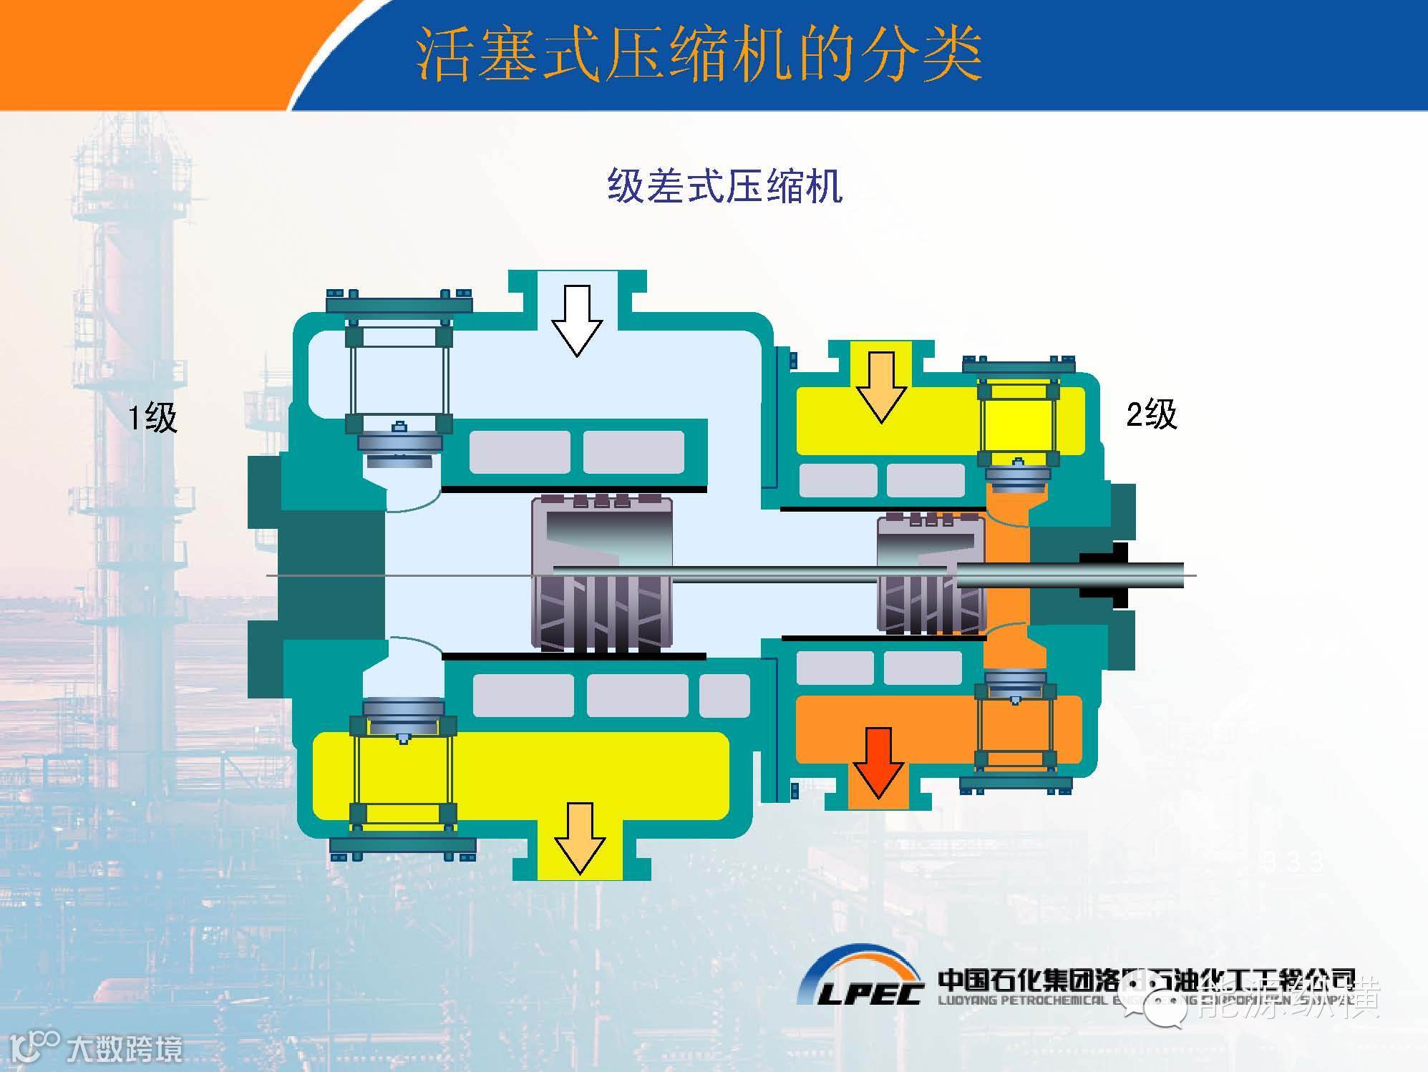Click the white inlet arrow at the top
tap(577, 321)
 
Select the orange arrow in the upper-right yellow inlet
tap(881, 387)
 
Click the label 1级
tap(152, 417)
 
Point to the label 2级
tap(1152, 414)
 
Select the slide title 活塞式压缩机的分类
tap(699, 55)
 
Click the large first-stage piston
tap(601, 575)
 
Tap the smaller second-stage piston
tap(931, 575)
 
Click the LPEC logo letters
tap(870, 993)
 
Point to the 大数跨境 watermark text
tap(125, 1049)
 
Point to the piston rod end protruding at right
tap(1160, 575)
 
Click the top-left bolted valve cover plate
tap(399, 304)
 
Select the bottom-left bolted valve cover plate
tap(402, 846)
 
